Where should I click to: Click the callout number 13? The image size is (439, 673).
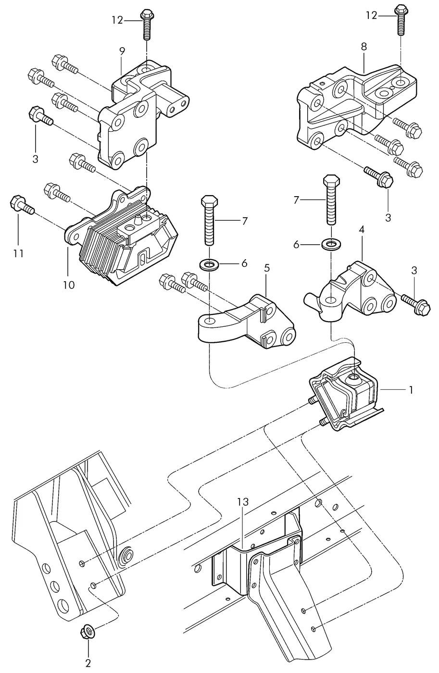(243, 502)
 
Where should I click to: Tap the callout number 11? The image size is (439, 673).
(19, 254)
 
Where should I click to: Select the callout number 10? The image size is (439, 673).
(69, 285)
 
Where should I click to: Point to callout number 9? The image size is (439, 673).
(122, 51)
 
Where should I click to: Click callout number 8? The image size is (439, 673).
(364, 47)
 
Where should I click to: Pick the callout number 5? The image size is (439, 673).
(267, 268)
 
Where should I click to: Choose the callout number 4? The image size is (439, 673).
(362, 230)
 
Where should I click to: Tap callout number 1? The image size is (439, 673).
(411, 390)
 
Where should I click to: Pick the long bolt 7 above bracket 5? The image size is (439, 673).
(210, 221)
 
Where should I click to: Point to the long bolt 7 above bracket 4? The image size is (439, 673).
(331, 199)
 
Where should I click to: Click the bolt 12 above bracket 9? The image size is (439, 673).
(146, 25)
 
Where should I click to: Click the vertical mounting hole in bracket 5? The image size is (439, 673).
(210, 322)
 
